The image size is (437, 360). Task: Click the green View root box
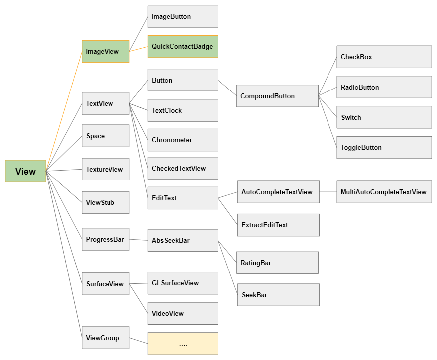point(25,171)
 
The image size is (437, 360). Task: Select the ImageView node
point(106,51)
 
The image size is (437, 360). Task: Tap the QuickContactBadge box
point(183,47)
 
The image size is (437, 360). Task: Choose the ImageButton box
point(183,17)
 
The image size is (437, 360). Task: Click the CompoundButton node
point(277,96)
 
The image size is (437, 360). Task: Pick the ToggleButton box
point(384,147)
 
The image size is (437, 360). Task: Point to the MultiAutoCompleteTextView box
point(384,192)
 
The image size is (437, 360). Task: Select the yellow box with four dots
point(183,343)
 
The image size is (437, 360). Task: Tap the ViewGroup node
point(106,338)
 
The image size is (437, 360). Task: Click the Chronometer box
point(183,140)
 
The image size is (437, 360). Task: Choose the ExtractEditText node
point(278,225)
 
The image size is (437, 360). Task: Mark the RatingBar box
point(277,263)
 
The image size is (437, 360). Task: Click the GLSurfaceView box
point(183,283)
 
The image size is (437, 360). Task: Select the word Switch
point(351,117)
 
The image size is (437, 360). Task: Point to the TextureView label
point(104,169)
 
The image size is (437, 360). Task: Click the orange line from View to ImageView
point(64,111)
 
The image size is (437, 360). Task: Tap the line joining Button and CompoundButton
point(227,88)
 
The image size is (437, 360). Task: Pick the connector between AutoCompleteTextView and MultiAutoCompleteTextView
point(328,192)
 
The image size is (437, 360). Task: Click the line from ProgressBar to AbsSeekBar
point(138,240)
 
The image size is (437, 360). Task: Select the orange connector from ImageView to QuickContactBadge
point(138,49)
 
